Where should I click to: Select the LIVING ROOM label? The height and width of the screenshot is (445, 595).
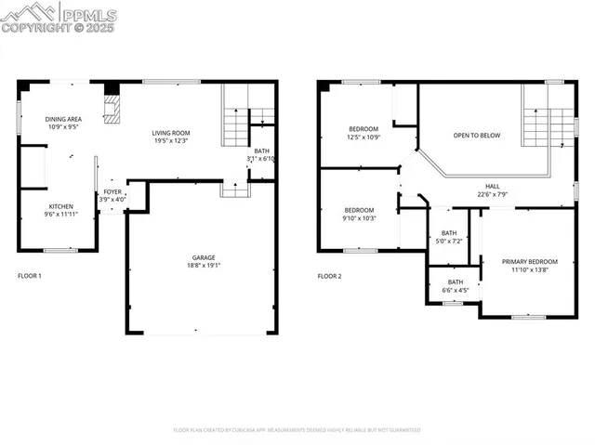tap(172, 133)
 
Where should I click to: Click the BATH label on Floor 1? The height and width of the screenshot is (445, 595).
tap(262, 151)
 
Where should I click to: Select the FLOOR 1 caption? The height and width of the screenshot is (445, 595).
tap(30, 276)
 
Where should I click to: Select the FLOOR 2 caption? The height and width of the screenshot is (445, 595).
tap(330, 276)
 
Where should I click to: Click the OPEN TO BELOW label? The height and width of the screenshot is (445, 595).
tap(477, 136)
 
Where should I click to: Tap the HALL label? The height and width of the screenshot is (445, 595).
tap(492, 186)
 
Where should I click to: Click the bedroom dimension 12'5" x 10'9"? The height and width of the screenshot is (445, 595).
tap(364, 137)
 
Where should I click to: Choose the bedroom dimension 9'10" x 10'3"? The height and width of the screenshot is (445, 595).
tap(359, 218)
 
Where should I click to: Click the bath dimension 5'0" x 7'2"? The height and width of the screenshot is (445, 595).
tap(449, 242)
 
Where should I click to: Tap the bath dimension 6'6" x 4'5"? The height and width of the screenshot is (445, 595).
tap(456, 290)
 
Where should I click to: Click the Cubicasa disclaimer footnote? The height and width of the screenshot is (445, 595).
tap(297, 430)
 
